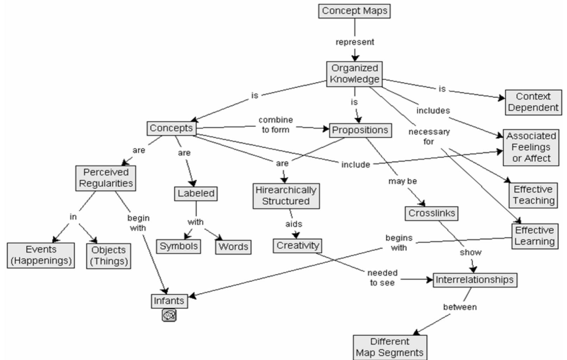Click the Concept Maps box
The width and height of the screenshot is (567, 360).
(x=354, y=11)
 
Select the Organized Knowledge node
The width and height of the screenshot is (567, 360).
(x=354, y=74)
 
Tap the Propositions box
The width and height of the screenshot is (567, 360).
(x=360, y=130)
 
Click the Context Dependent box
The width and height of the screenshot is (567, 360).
(x=533, y=102)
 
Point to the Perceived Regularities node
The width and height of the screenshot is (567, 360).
(x=106, y=178)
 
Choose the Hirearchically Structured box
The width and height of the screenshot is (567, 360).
(x=286, y=196)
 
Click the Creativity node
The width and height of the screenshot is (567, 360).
(x=297, y=246)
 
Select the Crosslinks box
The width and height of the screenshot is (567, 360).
(x=431, y=213)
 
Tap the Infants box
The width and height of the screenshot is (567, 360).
(x=169, y=301)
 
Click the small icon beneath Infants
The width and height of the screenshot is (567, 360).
(x=169, y=315)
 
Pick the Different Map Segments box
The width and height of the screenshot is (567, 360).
(x=390, y=347)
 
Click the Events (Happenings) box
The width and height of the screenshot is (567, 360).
(x=41, y=255)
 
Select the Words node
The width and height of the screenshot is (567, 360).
(x=233, y=247)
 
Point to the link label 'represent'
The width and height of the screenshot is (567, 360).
(x=355, y=42)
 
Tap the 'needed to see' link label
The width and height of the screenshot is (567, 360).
(x=383, y=278)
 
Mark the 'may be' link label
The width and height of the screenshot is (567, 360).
(x=402, y=181)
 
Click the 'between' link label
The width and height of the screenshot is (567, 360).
(x=460, y=307)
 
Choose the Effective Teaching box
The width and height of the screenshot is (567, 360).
(x=533, y=195)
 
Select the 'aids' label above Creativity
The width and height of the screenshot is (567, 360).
(x=294, y=224)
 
